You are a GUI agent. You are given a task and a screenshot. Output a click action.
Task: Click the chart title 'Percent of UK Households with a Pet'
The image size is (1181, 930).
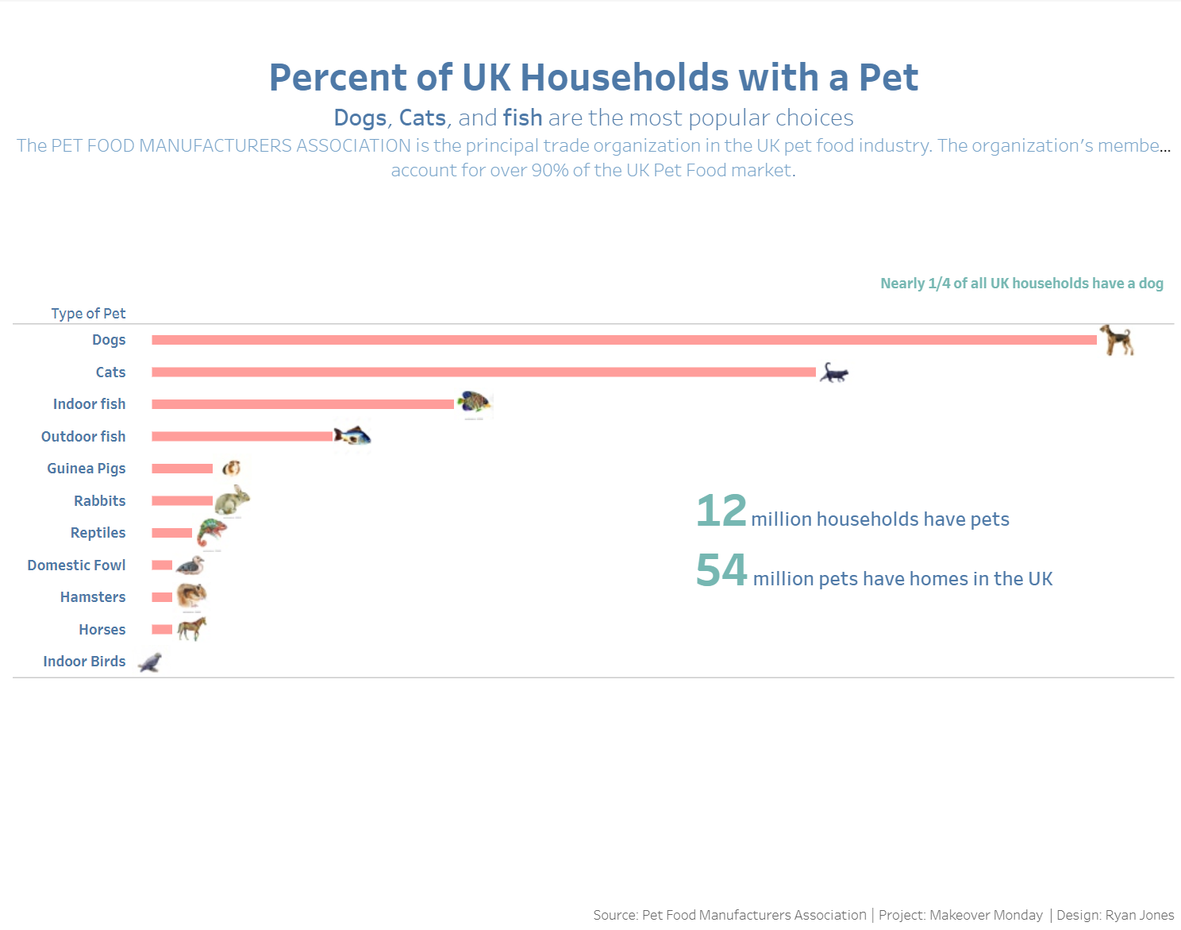tap(593, 78)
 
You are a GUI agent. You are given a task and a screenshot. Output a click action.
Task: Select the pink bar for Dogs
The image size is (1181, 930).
tap(624, 340)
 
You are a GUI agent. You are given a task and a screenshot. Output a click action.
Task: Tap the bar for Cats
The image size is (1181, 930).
tap(483, 372)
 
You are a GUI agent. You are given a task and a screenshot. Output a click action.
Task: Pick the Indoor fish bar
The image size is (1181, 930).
tap(302, 404)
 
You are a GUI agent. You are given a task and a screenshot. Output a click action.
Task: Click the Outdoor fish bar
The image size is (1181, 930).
tap(242, 436)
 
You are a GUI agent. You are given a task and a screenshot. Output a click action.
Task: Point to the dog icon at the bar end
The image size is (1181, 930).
tap(1118, 340)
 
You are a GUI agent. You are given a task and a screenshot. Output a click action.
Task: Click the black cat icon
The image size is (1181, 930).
tap(833, 372)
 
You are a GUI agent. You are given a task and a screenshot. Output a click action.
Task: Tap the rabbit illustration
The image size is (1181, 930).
tap(232, 500)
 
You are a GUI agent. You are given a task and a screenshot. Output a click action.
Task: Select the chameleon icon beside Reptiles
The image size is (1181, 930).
tap(211, 532)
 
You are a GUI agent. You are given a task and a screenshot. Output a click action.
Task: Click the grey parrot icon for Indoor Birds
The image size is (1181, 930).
tap(150, 662)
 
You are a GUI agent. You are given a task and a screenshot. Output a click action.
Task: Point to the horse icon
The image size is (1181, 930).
tap(191, 629)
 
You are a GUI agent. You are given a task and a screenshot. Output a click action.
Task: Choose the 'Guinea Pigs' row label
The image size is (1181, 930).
tap(86, 469)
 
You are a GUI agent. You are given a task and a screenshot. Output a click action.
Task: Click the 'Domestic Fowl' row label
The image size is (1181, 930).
tap(76, 565)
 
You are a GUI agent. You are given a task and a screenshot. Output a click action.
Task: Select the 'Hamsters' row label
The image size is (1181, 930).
tap(93, 597)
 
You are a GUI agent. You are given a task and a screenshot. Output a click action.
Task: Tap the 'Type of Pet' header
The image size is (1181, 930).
tap(88, 314)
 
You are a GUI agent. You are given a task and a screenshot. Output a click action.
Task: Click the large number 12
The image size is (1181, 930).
tap(721, 511)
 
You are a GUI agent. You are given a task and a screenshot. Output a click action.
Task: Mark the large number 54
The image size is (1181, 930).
tap(721, 570)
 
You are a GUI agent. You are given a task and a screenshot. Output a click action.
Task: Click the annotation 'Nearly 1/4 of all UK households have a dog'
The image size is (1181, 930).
tap(1021, 284)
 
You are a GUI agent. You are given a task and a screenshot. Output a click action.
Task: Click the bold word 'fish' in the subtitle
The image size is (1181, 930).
tap(522, 118)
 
